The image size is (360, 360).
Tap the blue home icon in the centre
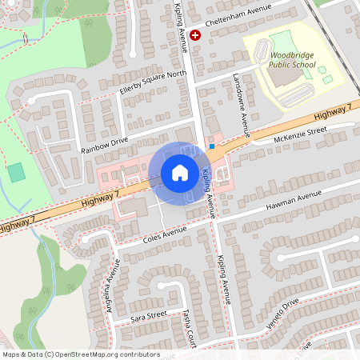click(x=180, y=173)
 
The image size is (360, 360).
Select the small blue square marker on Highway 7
click(x=211, y=146)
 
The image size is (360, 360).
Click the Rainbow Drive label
click(x=105, y=144)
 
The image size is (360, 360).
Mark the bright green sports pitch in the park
click(x=16, y=172)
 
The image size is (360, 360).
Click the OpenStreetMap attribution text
click(x=81, y=354)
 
